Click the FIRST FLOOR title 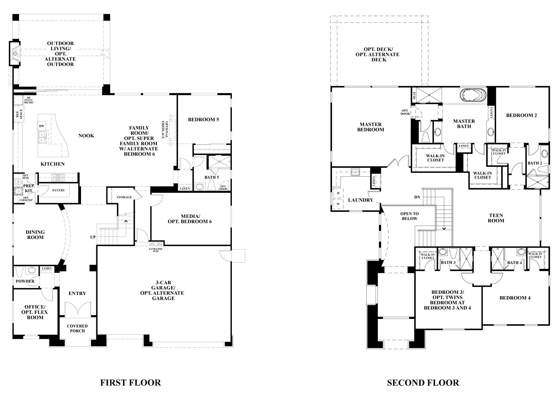pos(130,382)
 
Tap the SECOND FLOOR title pos(423,382)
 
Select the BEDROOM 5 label pos(203,120)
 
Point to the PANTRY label pos(58,190)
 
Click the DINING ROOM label pos(35,235)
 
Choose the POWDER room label pos(25,281)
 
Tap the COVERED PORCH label pos(77,328)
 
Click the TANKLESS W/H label pos(155,250)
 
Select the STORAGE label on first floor pos(124,197)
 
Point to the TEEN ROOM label pos(496,218)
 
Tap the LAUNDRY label pos(360,200)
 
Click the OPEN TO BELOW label pos(409,216)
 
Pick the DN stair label pos(417,197)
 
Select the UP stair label pos(93,237)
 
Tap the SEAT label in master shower pos(414,96)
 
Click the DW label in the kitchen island pos(42,126)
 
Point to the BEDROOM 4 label pos(515,298)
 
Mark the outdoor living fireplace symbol pos(15,54)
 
